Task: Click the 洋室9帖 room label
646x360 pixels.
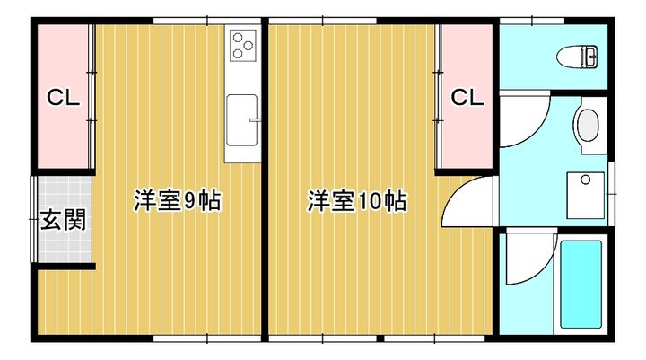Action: pyautogui.click(x=178, y=200)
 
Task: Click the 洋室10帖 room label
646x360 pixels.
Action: pyautogui.click(x=356, y=201)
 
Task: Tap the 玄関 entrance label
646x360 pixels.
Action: pyautogui.click(x=64, y=219)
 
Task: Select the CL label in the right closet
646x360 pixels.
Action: pyautogui.click(x=467, y=97)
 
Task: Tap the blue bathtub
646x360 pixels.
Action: pyautogui.click(x=580, y=285)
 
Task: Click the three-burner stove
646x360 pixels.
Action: pyautogui.click(x=243, y=46)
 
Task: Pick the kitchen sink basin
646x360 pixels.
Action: pyautogui.click(x=242, y=120)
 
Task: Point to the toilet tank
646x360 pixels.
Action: pyautogui.click(x=593, y=57)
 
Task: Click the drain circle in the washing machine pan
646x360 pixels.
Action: pyautogui.click(x=586, y=179)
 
